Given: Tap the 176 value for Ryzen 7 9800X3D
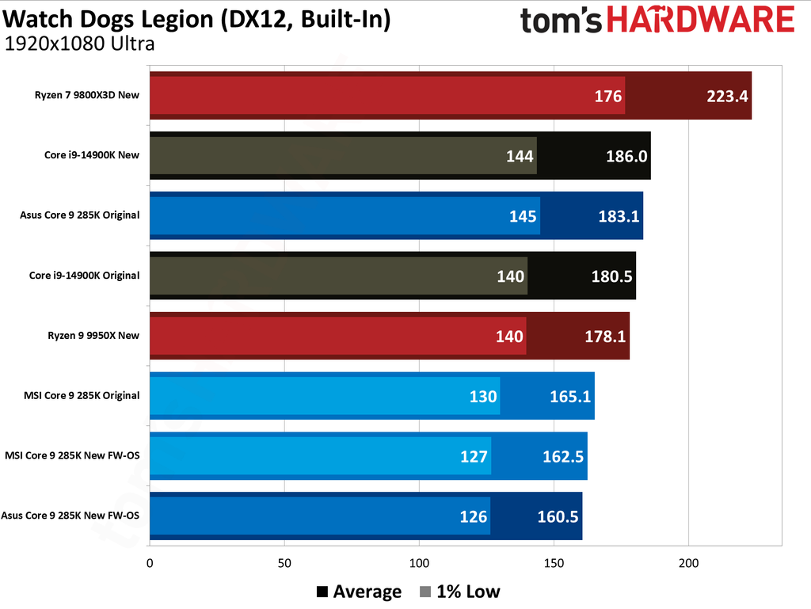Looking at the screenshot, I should click(x=609, y=97).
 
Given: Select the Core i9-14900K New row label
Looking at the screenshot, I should click(x=92, y=155).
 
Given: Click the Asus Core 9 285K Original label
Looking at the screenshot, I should click(x=81, y=215).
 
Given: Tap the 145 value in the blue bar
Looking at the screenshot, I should click(x=523, y=216).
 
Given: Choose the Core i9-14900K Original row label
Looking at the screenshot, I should click(x=84, y=276).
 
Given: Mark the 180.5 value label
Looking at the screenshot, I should click(x=611, y=276).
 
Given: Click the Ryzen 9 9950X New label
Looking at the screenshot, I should click(x=93, y=335).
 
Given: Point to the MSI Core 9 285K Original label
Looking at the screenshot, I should click(x=82, y=395).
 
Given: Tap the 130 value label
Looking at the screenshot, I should click(x=483, y=396).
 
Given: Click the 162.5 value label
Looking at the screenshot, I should click(x=563, y=456).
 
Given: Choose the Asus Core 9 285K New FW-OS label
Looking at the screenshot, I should click(x=70, y=516).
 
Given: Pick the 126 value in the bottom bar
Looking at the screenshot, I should click(x=474, y=516).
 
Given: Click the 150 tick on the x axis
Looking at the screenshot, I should click(x=554, y=563).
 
